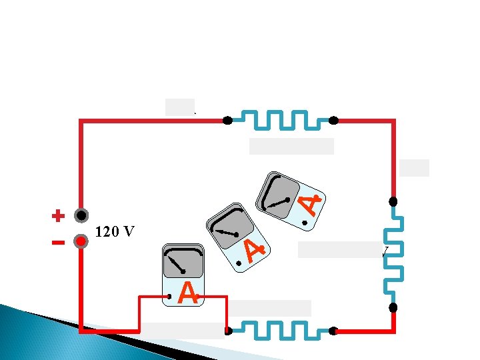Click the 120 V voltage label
point(115,233)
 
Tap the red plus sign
point(58,215)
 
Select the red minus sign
point(58,242)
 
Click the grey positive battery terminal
point(81,216)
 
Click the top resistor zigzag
point(280,121)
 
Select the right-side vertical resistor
point(393,254)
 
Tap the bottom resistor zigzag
point(280,330)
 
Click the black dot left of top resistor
point(227,121)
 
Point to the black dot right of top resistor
point(333,121)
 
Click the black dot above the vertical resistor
point(393,201)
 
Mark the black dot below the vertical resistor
point(393,307)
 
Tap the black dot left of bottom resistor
point(227,330)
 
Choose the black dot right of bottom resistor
point(333,330)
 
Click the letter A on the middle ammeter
point(254,249)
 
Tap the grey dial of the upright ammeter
point(183,261)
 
